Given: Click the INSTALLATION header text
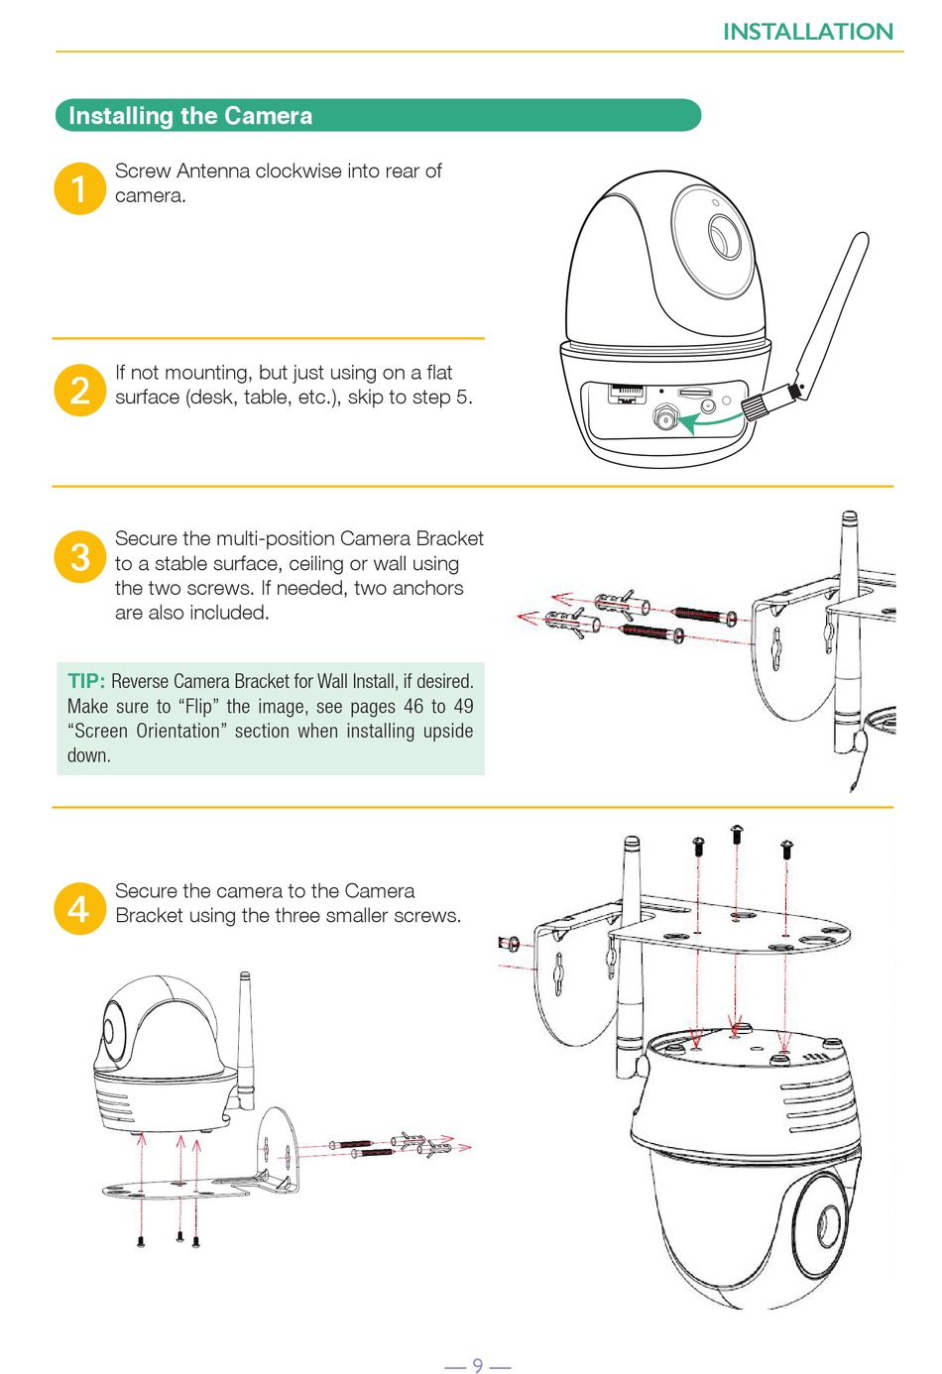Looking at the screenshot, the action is coord(807,32).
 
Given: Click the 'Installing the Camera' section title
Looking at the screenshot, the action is coord(190,115).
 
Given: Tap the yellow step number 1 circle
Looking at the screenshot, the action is coord(79,188).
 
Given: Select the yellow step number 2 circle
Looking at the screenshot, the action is coord(79,391).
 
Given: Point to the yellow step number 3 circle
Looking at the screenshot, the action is coord(79,556).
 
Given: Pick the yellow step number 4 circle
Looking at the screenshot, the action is coord(79,908).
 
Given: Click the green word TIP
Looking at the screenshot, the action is coord(86,681).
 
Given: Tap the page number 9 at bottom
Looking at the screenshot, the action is coord(477,1364).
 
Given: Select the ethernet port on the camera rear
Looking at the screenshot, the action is coord(627,394).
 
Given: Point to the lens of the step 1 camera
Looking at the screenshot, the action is coord(725,236).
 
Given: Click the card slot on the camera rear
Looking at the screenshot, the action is coord(695,392).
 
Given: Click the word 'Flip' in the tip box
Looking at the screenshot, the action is coord(199,707).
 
